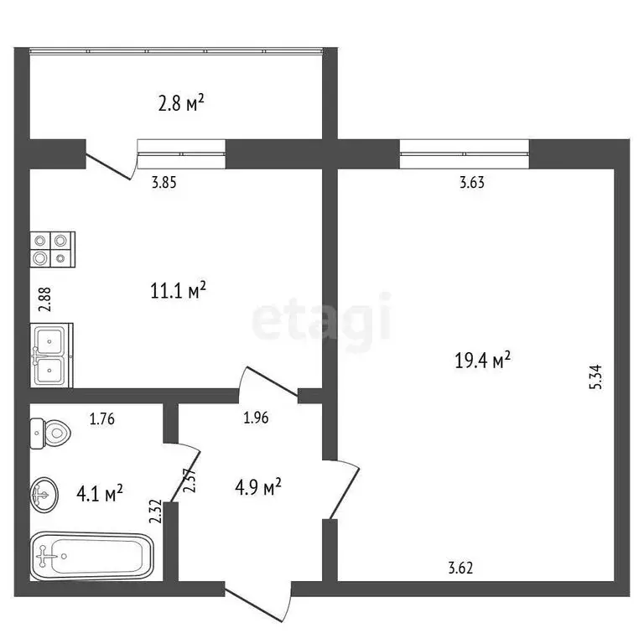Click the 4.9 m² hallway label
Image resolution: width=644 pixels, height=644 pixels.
257,486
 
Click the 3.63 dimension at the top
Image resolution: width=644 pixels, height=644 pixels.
473,181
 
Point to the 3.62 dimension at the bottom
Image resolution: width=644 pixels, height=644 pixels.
460,568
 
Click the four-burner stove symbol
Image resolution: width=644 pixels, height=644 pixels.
53,249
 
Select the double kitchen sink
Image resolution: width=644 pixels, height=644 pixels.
52,356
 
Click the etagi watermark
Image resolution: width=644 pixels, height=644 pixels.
322,319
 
